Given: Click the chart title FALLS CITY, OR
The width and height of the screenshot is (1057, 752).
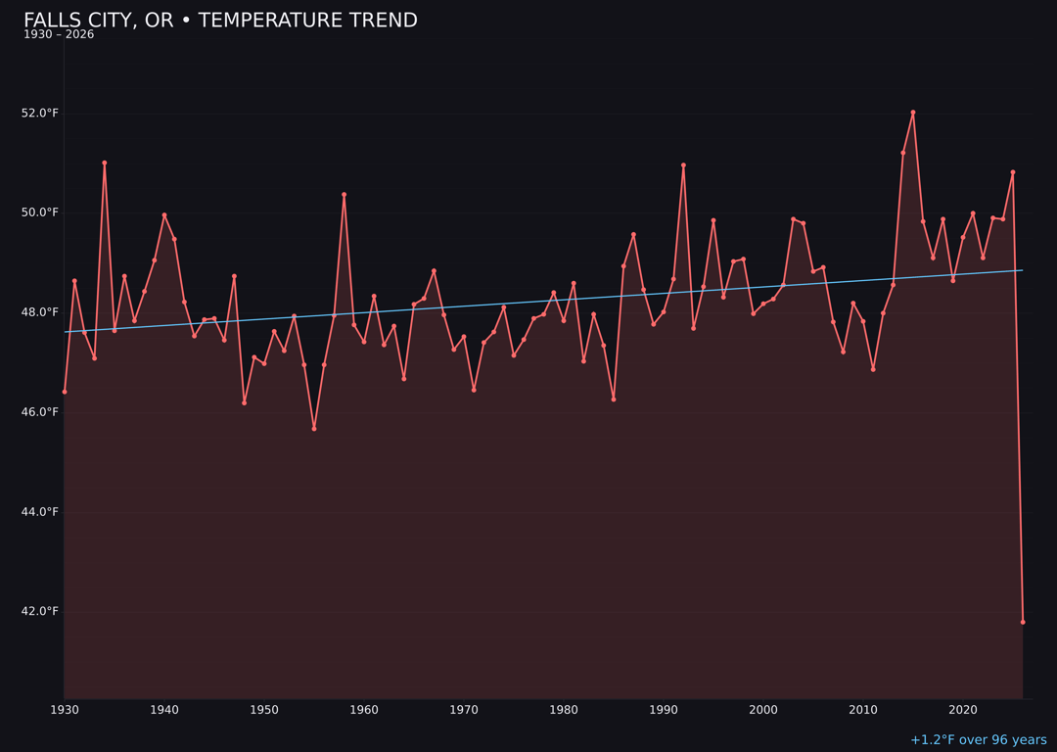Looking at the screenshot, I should [220, 21].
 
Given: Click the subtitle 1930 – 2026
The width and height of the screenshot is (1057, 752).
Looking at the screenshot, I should [59, 35].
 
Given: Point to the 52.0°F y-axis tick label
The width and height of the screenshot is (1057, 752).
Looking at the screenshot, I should [40, 114].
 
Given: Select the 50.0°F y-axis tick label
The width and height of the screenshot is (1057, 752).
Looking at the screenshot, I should [40, 212].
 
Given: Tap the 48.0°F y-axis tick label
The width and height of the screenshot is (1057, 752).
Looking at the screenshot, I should [40, 312].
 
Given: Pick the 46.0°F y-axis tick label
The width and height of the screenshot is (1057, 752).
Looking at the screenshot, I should [40, 412].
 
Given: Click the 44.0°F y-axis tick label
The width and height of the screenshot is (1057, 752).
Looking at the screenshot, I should [40, 512].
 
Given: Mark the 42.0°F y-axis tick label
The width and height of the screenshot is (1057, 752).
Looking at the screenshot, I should [40, 612].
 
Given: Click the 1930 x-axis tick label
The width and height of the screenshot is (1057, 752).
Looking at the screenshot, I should [65, 710].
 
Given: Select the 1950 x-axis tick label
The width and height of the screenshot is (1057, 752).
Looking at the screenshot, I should [264, 710].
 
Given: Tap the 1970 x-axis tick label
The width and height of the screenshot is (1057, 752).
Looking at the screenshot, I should [464, 710].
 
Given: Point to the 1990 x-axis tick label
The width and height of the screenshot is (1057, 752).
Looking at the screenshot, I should [664, 710].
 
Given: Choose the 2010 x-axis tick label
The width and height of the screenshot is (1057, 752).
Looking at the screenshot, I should [863, 710].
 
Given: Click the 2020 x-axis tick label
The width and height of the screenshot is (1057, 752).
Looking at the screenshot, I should [963, 710].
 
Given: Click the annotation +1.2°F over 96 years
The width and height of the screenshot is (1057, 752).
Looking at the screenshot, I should [978, 740].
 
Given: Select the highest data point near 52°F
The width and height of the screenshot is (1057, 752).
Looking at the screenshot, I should [913, 113].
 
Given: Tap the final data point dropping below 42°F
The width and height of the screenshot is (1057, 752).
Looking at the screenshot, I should [1023, 622].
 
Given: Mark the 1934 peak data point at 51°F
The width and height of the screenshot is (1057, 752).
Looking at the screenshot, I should [105, 163].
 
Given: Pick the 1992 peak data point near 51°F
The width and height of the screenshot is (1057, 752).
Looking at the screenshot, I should [683, 165].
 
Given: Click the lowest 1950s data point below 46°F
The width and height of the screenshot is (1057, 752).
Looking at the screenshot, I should [314, 428].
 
